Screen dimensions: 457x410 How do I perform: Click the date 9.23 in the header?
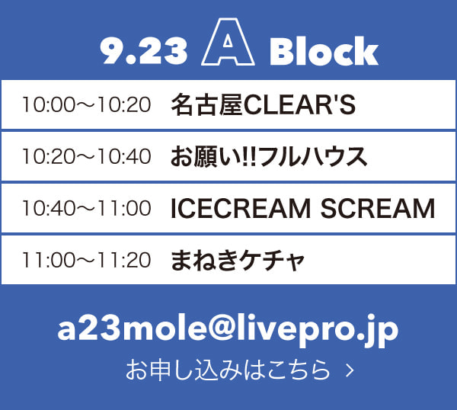point(143,51)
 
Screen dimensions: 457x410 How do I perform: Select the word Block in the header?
point(324,51)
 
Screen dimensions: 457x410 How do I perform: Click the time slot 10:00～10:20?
point(87,104)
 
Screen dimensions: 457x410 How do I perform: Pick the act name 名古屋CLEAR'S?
point(263,104)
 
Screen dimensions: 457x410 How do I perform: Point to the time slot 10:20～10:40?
point(87,156)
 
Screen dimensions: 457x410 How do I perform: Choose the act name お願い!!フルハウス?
point(269,156)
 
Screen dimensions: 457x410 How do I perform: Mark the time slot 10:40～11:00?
point(87,208)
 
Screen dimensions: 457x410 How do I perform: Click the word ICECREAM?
point(241,208)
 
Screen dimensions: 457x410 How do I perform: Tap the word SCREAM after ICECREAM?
point(378,208)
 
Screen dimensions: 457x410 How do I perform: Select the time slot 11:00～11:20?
point(87,260)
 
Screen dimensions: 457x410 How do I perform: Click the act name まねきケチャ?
point(238,260)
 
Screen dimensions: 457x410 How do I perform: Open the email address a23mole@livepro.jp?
point(228,330)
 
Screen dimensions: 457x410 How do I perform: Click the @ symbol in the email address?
point(222,328)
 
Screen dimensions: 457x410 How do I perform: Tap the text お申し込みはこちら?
point(228,370)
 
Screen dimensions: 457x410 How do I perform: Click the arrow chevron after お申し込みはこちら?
point(350,370)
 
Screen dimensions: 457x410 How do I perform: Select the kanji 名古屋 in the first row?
point(206,104)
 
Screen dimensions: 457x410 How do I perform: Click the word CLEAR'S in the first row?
point(299,104)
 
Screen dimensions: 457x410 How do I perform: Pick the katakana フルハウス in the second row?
point(312,156)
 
